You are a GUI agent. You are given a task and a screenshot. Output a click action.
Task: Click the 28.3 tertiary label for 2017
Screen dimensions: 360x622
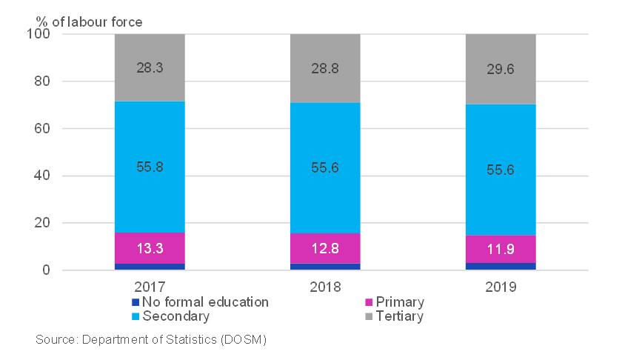click(150, 67)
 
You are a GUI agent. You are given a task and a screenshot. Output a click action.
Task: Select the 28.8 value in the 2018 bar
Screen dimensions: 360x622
click(325, 67)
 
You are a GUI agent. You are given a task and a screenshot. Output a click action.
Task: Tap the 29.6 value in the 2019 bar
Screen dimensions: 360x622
click(501, 69)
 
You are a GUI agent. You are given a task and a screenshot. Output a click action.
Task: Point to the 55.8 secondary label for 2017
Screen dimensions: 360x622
click(150, 167)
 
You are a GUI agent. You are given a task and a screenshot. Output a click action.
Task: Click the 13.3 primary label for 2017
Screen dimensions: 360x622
click(150, 248)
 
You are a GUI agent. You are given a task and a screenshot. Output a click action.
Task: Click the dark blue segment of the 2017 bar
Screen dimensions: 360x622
click(150, 267)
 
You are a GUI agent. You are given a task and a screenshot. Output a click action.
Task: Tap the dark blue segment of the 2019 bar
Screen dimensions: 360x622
click(501, 266)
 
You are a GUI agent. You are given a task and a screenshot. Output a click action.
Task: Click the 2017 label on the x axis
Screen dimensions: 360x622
click(150, 286)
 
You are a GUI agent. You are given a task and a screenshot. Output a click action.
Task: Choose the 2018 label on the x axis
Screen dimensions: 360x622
click(325, 286)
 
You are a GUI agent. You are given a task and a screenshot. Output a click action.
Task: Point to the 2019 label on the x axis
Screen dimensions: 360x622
click(501, 286)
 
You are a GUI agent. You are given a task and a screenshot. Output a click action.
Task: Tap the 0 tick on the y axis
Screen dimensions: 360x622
click(46, 270)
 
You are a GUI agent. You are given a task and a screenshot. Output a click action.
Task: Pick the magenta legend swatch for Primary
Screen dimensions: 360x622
click(368, 302)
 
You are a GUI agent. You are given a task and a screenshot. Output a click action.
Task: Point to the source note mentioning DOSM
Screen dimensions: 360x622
click(150, 340)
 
